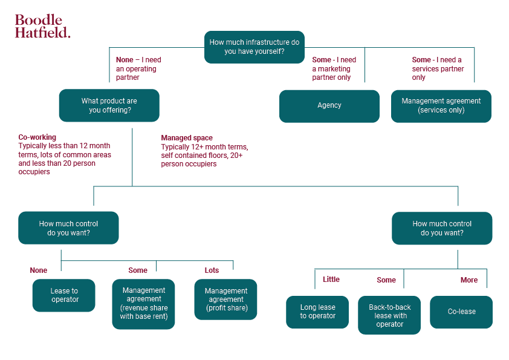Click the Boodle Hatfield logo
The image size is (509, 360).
click(42, 27)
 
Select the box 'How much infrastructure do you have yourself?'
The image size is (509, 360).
click(254, 47)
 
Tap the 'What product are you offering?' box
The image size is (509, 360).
click(109, 105)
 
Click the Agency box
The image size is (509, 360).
click(329, 106)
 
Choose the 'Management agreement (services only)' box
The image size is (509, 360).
click(441, 106)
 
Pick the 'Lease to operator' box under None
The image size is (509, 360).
click(64, 295)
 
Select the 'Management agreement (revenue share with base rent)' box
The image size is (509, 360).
click(143, 304)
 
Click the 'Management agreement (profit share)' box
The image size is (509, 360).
click(225, 299)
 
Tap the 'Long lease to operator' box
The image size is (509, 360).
click(317, 312)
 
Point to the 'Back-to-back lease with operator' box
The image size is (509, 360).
click(390, 315)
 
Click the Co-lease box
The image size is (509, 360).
click(461, 312)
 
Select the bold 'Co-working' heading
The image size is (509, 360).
click(37, 137)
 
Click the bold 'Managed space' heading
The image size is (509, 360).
click(187, 138)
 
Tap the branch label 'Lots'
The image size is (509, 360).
click(212, 270)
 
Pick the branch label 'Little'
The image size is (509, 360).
click(331, 280)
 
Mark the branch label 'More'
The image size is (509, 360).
click(469, 280)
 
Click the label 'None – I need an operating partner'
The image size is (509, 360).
click(138, 68)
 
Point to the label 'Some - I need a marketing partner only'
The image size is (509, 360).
click(334, 68)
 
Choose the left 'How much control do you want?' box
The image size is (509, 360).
click(68, 228)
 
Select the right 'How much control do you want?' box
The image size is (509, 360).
click(442, 228)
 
